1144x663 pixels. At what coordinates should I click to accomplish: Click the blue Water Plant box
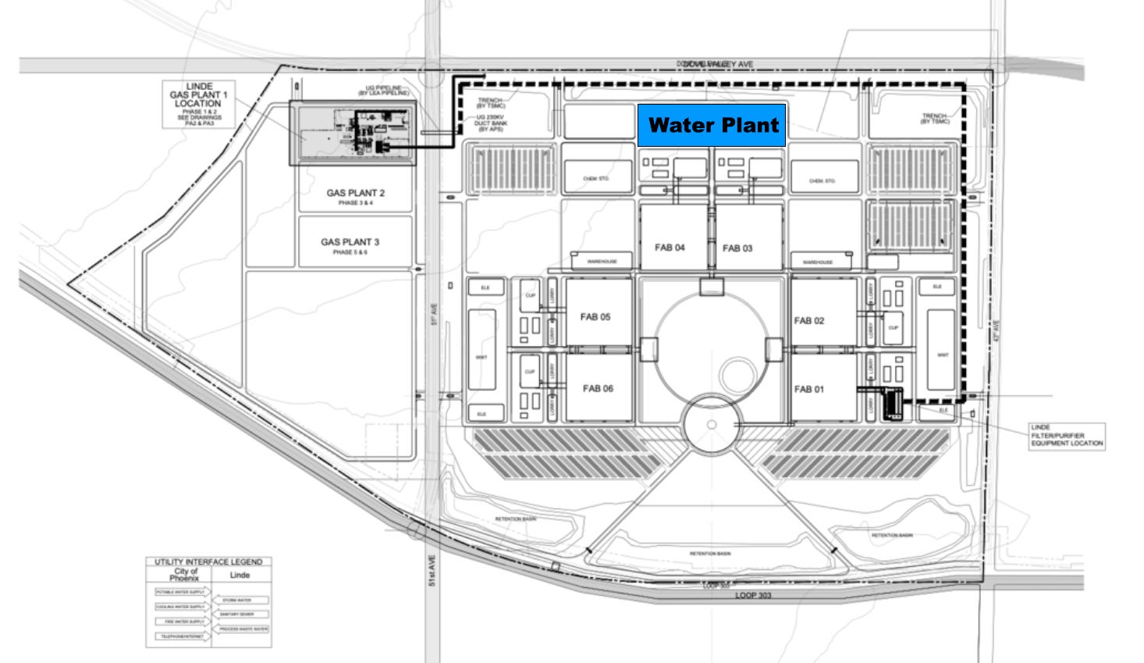coord(712,125)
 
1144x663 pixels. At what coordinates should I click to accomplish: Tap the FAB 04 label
coord(670,248)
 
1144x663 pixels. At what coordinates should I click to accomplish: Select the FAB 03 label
coord(737,248)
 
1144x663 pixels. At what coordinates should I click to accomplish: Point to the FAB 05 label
coord(595,317)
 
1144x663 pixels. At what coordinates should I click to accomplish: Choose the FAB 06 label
coord(598,388)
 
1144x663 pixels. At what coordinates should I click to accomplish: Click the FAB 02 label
coord(809,320)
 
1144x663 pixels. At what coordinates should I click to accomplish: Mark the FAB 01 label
coord(809,389)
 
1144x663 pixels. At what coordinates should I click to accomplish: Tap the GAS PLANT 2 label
coord(355,194)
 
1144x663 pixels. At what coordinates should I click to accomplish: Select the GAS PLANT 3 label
coord(350,243)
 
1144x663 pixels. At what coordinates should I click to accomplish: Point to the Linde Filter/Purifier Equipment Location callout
coord(1067,436)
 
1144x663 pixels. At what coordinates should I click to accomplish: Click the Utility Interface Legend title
coord(208,561)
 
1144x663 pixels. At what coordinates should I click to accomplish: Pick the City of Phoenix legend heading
coord(186,574)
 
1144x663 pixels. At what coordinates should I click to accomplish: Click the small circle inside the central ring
coord(712,425)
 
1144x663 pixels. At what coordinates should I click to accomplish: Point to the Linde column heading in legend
coord(240,575)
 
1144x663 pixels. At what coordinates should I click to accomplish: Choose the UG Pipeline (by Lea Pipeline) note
coord(383,91)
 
